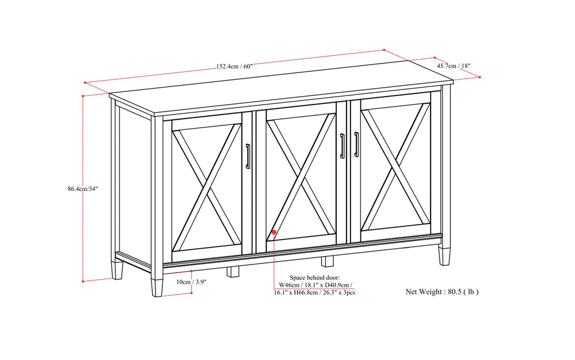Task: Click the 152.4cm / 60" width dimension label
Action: [x=234, y=66]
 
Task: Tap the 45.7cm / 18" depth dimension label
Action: [x=454, y=66]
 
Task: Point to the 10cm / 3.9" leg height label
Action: [x=191, y=282]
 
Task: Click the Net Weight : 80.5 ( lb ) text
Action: [x=442, y=291]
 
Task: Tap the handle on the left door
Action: [x=248, y=156]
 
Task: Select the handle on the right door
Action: [x=356, y=144]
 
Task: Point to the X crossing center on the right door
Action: [x=395, y=167]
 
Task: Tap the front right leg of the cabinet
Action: [x=445, y=256]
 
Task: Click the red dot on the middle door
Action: [x=273, y=231]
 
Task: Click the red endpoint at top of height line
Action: [x=83, y=96]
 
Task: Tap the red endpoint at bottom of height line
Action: [x=83, y=280]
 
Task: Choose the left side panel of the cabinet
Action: [x=134, y=185]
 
